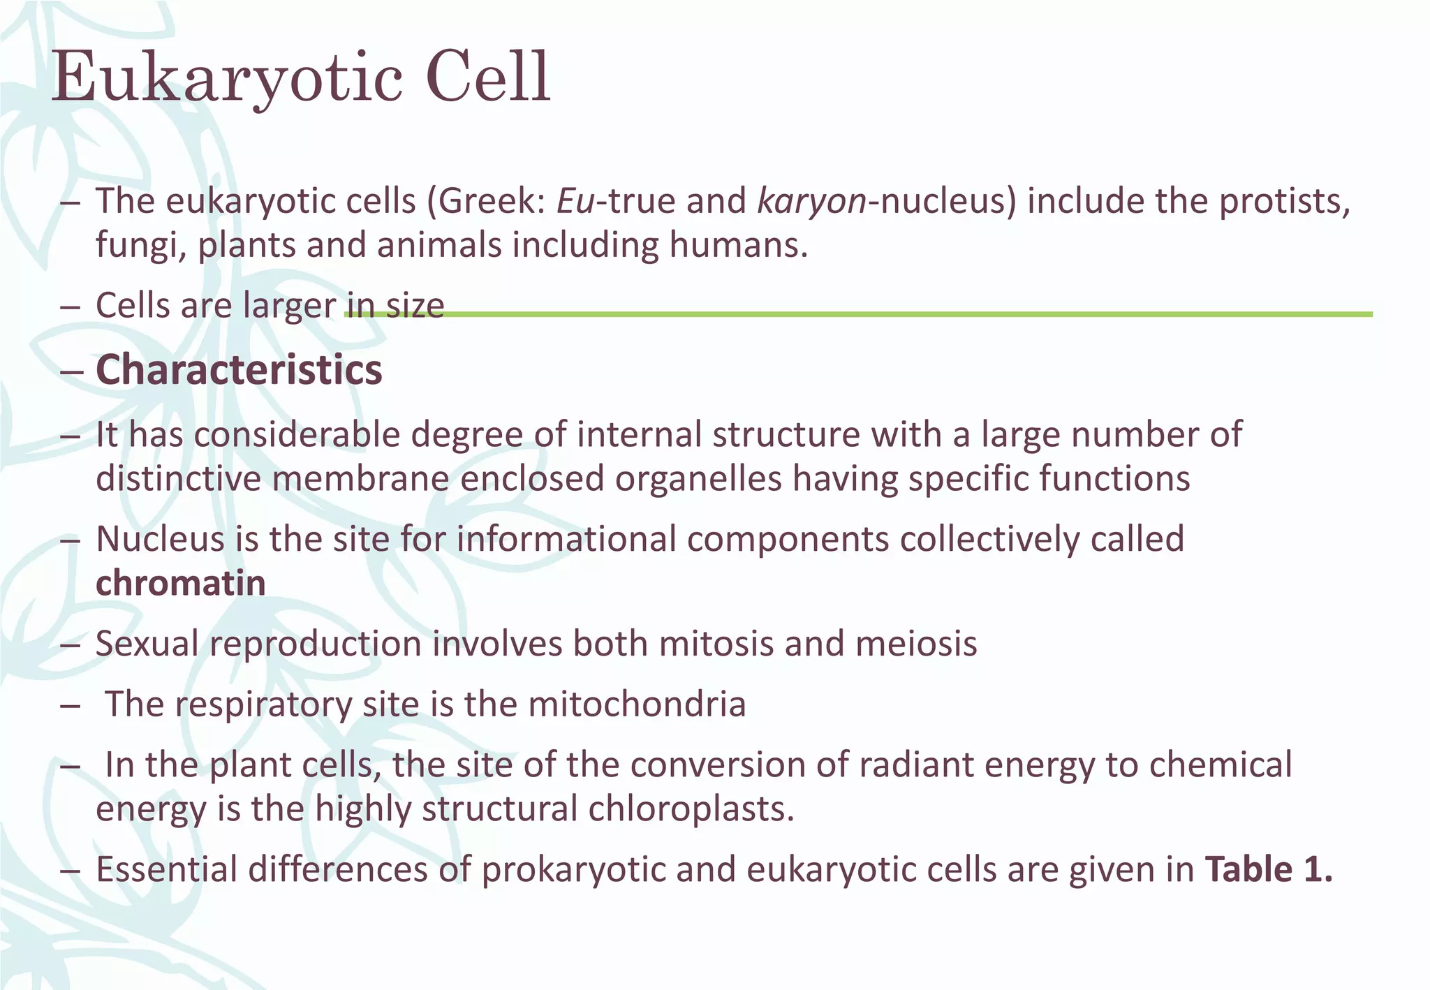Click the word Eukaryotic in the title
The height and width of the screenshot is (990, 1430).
point(227,78)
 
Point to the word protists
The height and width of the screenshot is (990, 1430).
point(1284,201)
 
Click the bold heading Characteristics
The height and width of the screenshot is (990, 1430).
point(239,369)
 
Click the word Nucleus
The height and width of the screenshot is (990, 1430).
point(160,539)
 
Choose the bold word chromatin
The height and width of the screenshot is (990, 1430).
point(181,583)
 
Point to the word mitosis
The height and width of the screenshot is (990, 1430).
point(716,643)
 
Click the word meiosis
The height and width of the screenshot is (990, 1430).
point(915,643)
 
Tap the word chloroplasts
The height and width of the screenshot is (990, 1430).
point(691,809)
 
